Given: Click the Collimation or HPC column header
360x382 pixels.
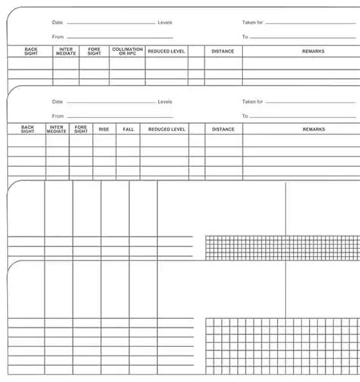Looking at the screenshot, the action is tap(127, 51).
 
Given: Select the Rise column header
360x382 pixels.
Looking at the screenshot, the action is tap(104, 129).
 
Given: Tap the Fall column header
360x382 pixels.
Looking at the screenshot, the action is tap(128, 129).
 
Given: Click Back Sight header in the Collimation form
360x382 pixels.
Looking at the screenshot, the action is tap(30, 51).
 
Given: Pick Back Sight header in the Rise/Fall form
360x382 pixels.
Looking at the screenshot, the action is tap(27, 129).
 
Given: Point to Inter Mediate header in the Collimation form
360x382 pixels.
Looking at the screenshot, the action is tap(66, 51).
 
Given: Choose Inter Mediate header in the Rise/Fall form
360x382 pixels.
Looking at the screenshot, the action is tap(57, 129).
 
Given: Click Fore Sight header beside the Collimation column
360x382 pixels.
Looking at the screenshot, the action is tap(94, 51).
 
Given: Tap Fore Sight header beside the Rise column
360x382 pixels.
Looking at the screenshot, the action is tap(81, 129).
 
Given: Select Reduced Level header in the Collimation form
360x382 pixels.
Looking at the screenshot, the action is tap(166, 51).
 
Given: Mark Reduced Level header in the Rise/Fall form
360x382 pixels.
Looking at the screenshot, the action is tap(166, 129).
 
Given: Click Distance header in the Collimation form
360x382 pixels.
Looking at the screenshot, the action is tap(223, 51).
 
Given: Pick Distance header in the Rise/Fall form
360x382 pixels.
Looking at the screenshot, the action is tap(223, 129).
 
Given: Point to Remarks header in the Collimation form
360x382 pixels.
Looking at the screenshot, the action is tap(313, 51).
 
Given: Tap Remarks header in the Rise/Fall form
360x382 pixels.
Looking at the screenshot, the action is tap(313, 129).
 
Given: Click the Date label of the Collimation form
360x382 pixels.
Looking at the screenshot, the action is tap(58, 23).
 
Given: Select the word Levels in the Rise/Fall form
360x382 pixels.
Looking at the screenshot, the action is tap(165, 102).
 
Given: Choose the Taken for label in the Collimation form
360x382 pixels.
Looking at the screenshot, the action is tap(252, 23).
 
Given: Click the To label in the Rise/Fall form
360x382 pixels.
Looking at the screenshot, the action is tap(245, 116).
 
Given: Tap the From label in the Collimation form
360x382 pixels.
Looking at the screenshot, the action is tap(58, 36).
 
